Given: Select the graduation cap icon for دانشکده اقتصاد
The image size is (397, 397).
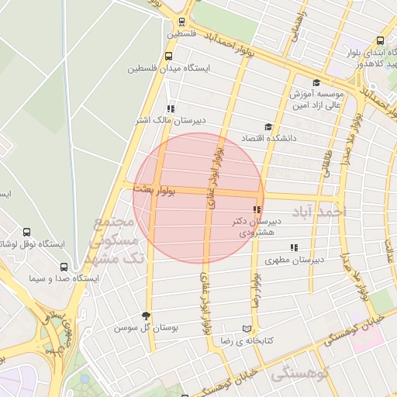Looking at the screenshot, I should pyautogui.click(x=268, y=127).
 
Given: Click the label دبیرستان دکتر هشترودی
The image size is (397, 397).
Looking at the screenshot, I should pyautogui.click(x=257, y=226).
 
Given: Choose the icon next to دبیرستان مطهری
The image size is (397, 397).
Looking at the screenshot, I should pyautogui.click(x=292, y=247).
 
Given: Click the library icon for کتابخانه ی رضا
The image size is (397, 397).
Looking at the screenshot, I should pyautogui.click(x=247, y=329).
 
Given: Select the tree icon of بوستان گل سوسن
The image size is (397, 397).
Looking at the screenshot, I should pyautogui.click(x=146, y=316).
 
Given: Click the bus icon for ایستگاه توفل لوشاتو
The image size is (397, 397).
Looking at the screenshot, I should pyautogui.click(x=27, y=232).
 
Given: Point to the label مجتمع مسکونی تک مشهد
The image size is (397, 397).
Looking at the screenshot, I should pyautogui.click(x=116, y=240).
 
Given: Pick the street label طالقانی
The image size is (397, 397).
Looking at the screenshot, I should pyautogui.click(x=326, y=163).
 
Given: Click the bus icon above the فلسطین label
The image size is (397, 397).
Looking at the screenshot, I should pyautogui.click(x=181, y=22).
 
